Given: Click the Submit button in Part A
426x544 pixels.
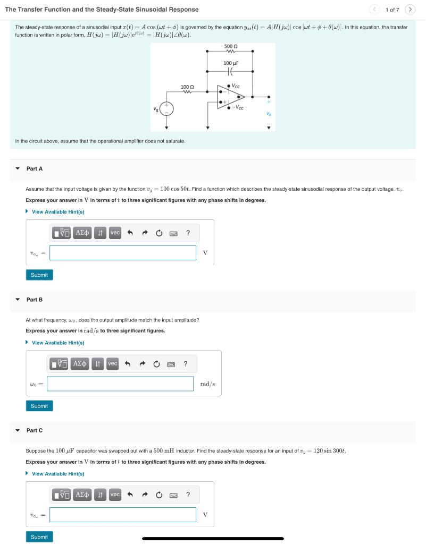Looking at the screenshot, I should click(x=39, y=275).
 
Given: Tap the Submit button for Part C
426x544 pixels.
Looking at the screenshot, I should click(x=39, y=537).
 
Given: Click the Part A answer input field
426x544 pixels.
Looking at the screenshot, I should click(x=123, y=253).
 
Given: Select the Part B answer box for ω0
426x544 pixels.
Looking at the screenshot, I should click(x=120, y=384).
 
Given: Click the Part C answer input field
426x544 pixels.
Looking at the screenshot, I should click(x=123, y=515).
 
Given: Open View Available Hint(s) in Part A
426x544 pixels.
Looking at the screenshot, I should click(x=57, y=212).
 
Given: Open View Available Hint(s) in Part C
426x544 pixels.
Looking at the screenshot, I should click(x=57, y=474).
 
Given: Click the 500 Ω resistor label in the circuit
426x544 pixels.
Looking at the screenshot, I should click(x=230, y=47).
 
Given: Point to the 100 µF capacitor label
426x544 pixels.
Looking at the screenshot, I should click(x=231, y=63).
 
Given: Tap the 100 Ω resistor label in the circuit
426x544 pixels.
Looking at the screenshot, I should click(x=187, y=87).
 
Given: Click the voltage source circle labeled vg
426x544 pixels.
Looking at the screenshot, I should click(x=166, y=109).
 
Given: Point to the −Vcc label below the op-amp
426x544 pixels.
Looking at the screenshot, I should click(x=238, y=108).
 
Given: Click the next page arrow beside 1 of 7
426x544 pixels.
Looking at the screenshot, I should click(x=410, y=10).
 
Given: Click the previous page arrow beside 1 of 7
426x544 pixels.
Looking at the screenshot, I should click(x=374, y=10).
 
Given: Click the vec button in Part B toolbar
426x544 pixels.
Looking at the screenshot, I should click(x=112, y=363).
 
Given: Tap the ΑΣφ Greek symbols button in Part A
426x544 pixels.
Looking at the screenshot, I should click(x=82, y=233).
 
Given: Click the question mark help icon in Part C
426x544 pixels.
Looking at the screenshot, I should click(x=188, y=495).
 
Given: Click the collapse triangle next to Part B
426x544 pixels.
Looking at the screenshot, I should click(x=18, y=300).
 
